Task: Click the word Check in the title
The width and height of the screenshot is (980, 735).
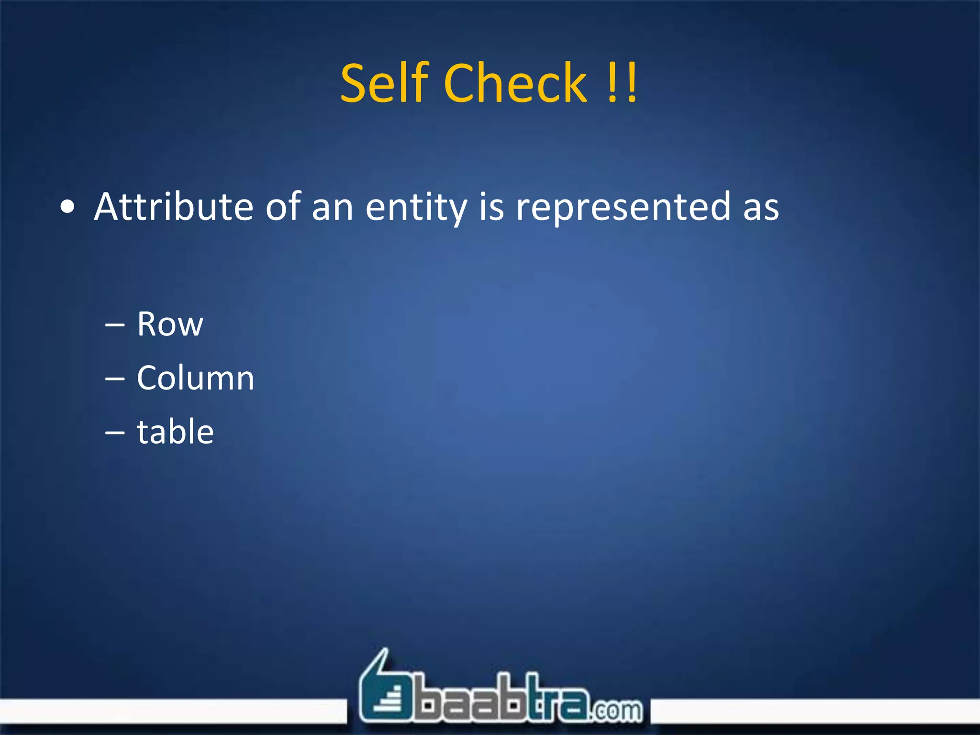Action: click(x=515, y=83)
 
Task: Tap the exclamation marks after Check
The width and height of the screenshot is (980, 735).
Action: click(x=622, y=83)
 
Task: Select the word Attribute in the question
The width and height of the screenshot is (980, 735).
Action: click(x=173, y=207)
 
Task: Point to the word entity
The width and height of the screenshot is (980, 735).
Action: click(x=416, y=208)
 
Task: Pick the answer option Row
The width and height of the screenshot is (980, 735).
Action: click(x=170, y=324)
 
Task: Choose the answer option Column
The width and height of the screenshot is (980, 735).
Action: click(x=195, y=378)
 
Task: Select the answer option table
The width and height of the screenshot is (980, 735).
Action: click(x=175, y=432)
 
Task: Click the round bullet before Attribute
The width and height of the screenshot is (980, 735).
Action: click(x=68, y=208)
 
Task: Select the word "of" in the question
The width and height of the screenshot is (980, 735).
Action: click(x=282, y=207)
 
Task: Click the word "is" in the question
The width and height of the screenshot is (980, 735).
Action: click(x=491, y=207)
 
